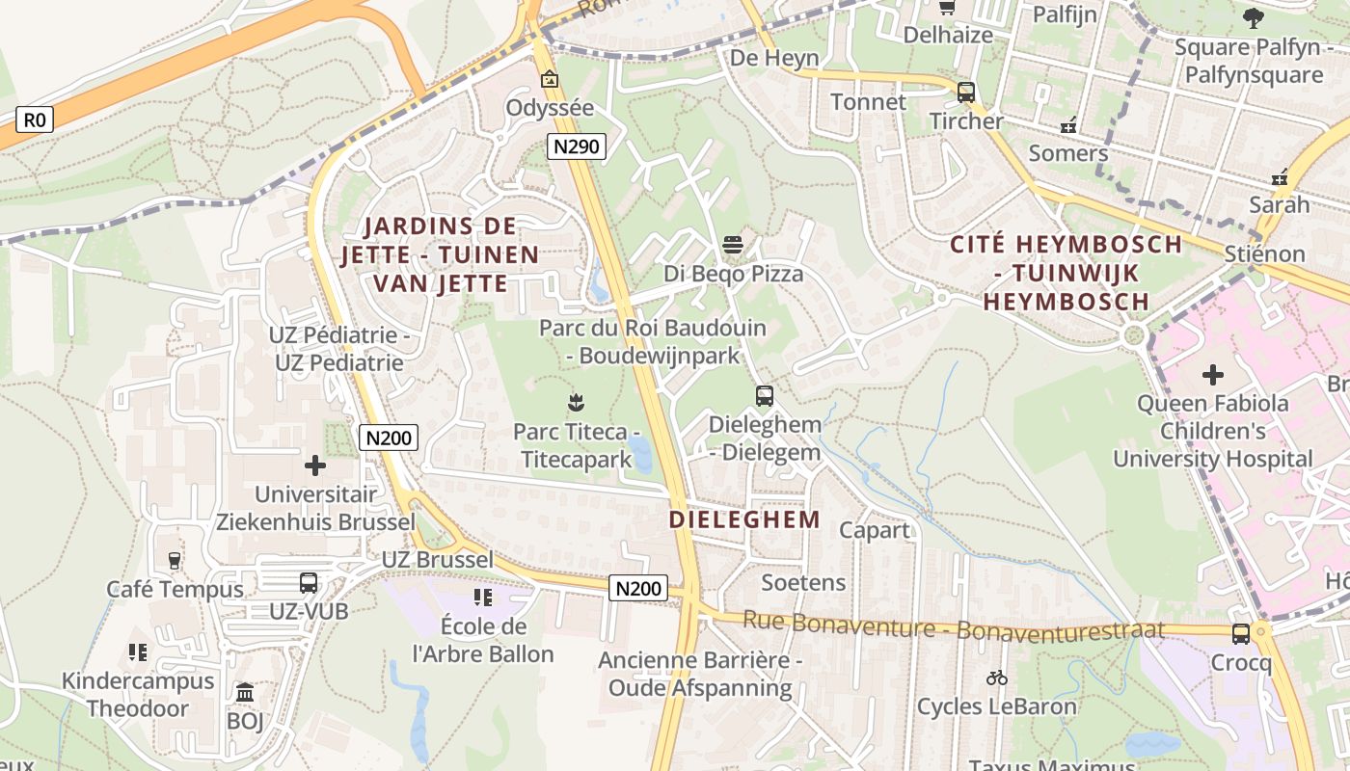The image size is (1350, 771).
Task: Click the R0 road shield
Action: pos(34,120)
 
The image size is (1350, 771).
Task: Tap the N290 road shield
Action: pos(577,146)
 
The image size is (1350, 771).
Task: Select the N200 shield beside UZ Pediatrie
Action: pos(390,438)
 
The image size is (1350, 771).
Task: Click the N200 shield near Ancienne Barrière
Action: pos(638,588)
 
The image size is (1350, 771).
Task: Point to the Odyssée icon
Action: pos(550,79)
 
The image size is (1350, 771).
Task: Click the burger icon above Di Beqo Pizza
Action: pos(733,245)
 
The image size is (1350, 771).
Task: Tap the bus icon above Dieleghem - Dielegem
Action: pos(765,395)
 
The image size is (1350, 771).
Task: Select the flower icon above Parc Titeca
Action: pos(577,401)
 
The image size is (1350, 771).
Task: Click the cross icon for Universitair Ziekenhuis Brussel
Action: pos(314,465)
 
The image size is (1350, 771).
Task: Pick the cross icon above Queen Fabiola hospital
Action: pos(1213,373)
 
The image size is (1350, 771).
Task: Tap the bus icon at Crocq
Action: pos(1241,634)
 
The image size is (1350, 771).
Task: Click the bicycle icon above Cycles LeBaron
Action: pos(997,678)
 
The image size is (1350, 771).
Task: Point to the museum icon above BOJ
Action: pos(245,692)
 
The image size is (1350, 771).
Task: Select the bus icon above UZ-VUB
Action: pos(309,582)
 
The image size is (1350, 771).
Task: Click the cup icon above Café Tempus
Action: pos(175,560)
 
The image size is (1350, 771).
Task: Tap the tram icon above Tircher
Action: pos(966,93)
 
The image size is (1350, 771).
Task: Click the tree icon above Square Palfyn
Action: pos(1253,17)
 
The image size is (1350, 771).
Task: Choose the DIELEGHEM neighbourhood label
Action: pos(744,519)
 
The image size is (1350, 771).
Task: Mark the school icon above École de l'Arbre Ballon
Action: pos(483,598)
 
